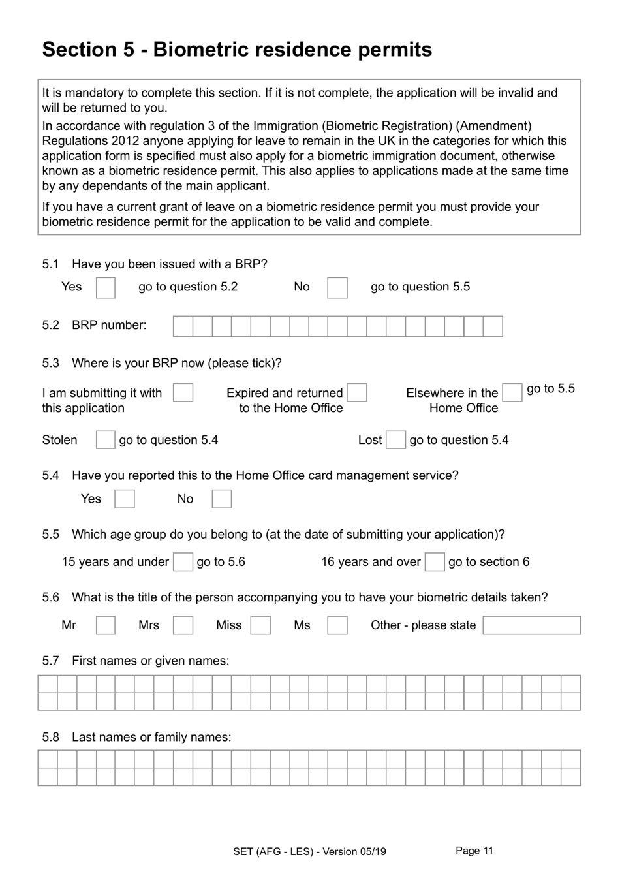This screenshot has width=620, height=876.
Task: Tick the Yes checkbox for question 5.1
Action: [105, 288]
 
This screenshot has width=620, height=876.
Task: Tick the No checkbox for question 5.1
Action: [337, 288]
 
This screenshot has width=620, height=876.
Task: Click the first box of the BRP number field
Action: [183, 326]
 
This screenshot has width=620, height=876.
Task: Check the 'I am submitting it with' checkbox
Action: [183, 393]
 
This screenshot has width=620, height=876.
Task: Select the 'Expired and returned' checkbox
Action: [357, 393]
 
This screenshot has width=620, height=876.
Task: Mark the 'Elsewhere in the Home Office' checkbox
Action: [512, 393]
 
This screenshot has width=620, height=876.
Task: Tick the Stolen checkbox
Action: [105, 440]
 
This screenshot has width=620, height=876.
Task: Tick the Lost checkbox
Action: [395, 440]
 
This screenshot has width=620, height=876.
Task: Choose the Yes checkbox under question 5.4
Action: [124, 499]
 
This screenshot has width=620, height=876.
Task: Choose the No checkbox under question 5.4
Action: [221, 499]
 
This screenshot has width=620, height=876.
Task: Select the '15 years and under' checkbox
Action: [183, 562]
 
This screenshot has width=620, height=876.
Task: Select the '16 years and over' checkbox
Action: [434, 562]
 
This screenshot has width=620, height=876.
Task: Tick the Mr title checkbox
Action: [105, 625]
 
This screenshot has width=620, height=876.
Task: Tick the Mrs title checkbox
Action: [183, 625]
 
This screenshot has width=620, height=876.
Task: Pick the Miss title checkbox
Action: [260, 625]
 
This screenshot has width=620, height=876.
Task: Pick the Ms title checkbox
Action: [337, 625]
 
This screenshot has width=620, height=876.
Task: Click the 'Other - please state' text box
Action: [531, 625]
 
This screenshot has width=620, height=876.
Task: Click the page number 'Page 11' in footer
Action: [474, 851]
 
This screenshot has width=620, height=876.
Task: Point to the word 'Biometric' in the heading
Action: [205, 50]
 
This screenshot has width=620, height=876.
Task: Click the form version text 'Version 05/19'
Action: [354, 851]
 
